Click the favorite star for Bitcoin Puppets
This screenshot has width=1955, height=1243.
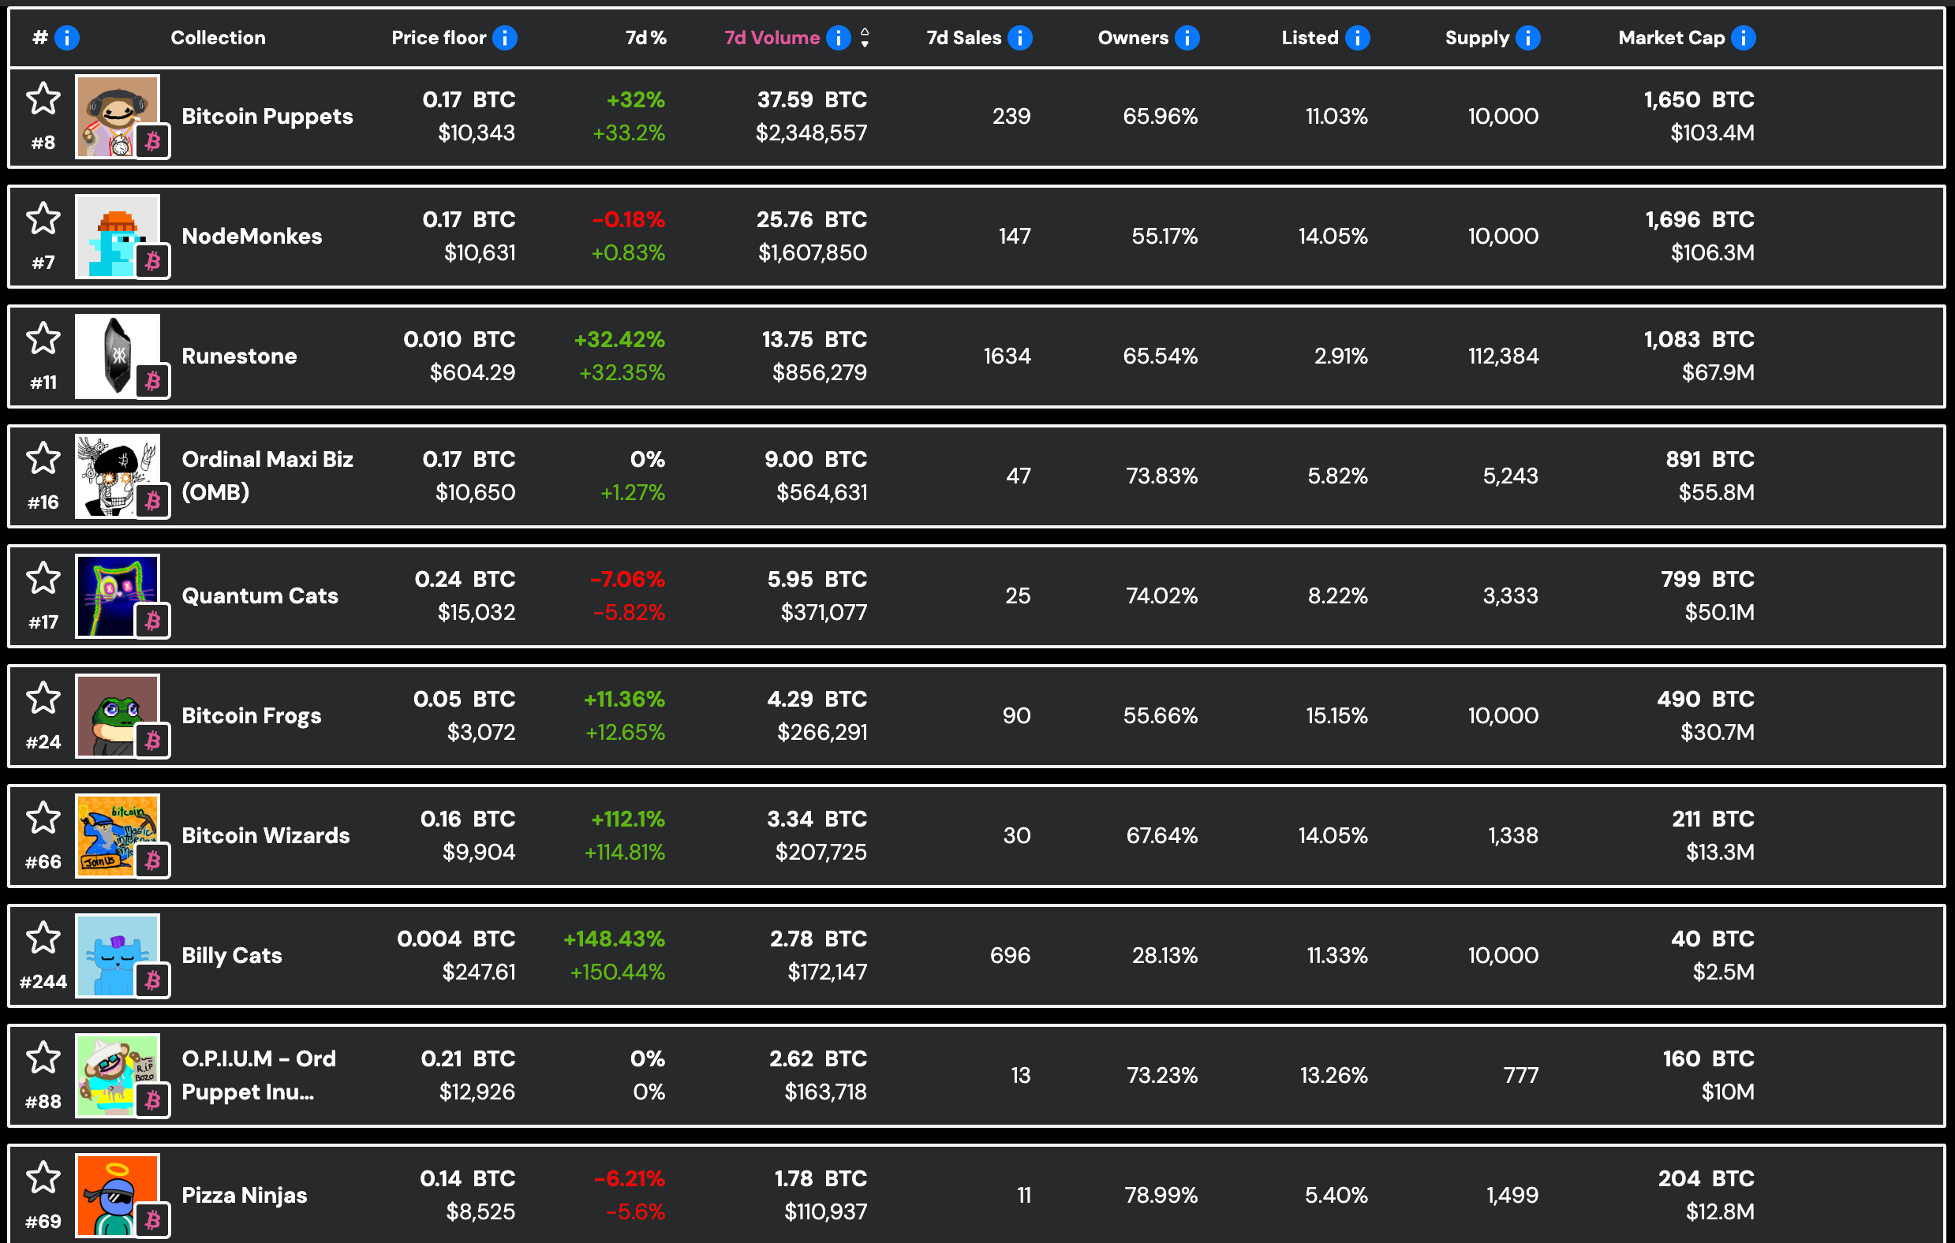[x=43, y=99]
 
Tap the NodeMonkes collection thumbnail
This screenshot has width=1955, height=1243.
[x=118, y=237]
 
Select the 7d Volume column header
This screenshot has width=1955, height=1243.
[x=772, y=37]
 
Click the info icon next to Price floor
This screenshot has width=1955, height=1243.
[x=505, y=37]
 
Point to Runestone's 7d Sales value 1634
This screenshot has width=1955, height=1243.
[x=1007, y=356]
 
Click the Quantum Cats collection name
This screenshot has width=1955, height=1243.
[x=260, y=595]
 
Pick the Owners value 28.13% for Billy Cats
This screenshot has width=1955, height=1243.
[x=1164, y=955]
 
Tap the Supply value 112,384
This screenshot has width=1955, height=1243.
[x=1503, y=356]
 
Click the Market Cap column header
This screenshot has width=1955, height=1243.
[x=1671, y=37]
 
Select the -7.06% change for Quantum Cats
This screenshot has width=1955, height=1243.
[x=627, y=579]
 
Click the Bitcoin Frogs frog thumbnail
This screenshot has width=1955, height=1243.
[x=118, y=715]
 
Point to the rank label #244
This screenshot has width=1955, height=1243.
[x=43, y=982]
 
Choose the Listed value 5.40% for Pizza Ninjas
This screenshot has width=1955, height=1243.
[x=1336, y=1194]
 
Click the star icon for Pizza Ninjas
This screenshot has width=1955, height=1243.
[x=43, y=1178]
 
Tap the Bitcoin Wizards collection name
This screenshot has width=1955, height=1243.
[x=266, y=834]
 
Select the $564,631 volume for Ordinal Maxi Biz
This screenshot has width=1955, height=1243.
[x=821, y=492]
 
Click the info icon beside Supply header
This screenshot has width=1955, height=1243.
[x=1528, y=37]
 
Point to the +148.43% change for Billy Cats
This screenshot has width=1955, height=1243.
[x=614, y=939]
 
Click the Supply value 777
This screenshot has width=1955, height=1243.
[x=1520, y=1075]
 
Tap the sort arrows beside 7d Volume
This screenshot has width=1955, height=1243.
[x=865, y=37]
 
